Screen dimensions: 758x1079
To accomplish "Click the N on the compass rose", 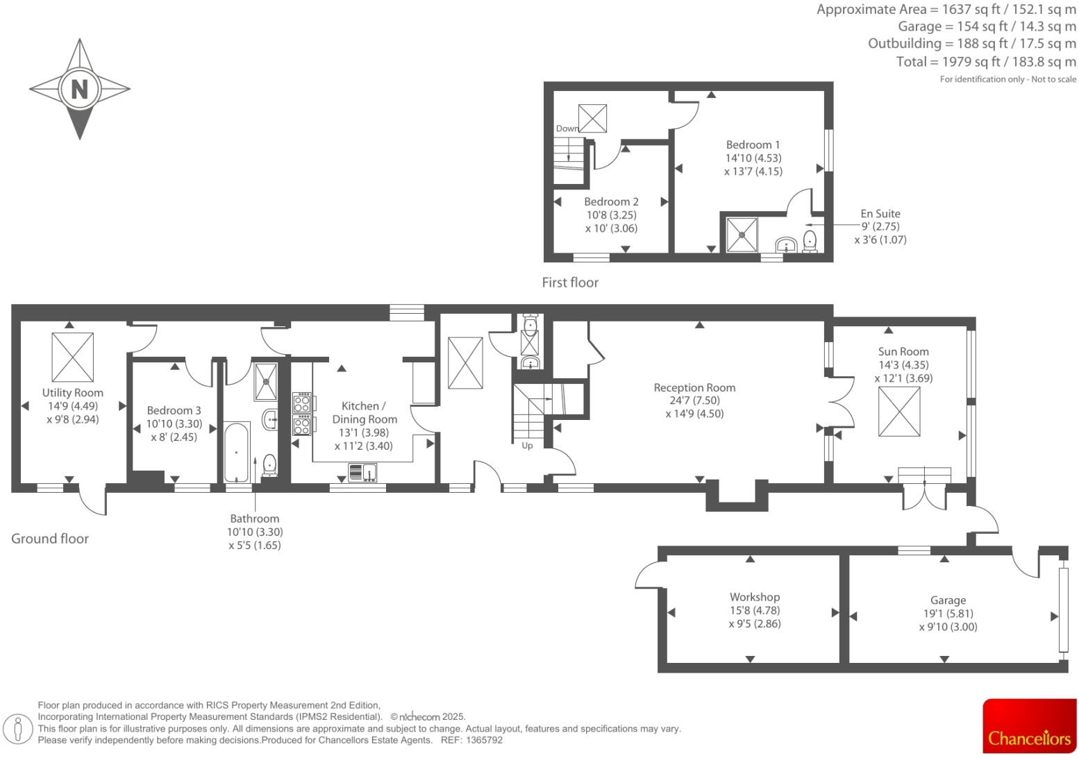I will coord(80,89).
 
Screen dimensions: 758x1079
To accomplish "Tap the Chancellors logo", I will coord(1029,726).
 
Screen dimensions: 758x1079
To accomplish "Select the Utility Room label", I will coord(72,393).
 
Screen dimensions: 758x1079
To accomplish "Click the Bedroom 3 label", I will coord(174,411).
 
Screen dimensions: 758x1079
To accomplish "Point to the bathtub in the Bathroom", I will coord(237,452).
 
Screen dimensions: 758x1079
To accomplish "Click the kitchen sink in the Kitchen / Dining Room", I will coord(362,473).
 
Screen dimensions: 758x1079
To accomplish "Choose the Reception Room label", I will coord(694,388).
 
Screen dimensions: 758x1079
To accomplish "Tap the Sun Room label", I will coord(903,352).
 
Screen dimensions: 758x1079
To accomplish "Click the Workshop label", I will coord(754,597).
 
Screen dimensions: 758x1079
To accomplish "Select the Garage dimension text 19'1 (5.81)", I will coord(948,614).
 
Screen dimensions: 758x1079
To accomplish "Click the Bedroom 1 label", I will coord(753,145).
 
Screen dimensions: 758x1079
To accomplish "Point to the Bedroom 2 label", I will coord(611,202).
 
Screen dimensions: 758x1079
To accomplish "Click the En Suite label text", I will coord(880,214).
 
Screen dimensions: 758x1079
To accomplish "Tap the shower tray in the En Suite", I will coord(742,235).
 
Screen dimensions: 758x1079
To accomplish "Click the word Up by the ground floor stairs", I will coord(527,446).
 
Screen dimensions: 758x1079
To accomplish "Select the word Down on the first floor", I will coord(567,128).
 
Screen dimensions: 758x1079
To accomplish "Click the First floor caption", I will coord(569,283).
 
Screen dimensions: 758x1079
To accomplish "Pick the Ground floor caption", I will coord(50,539).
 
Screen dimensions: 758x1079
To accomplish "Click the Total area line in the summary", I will coord(985,62).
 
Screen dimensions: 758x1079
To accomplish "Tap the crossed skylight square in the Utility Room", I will coord(72,357).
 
